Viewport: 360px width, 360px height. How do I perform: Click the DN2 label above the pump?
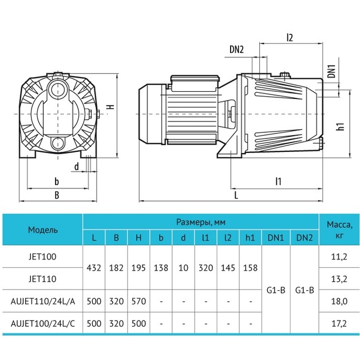pos(236,49)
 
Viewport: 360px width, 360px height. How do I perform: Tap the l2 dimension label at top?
pos(290,38)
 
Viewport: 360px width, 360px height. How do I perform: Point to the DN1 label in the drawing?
pos(331,71)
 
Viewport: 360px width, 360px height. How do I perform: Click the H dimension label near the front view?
pos(111,107)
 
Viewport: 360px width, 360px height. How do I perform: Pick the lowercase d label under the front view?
pos(76,166)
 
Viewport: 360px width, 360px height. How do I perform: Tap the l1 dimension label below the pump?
pos(278,181)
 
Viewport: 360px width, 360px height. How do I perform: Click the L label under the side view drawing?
pos(236,195)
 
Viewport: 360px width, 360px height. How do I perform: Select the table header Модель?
pos(43,230)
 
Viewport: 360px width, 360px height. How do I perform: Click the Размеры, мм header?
pos(201,222)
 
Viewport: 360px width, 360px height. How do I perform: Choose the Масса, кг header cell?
pos(339,229)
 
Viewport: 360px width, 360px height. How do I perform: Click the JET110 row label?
pos(43,279)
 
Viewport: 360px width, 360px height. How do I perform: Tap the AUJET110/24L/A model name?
pos(43,301)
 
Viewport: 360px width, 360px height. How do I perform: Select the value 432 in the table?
pos(94,268)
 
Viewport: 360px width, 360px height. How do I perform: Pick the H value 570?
pos(139,301)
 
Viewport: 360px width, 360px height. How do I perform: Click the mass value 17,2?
pos(339,324)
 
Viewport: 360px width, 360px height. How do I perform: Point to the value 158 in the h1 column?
pos(250,268)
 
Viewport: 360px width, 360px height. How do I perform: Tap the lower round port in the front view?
pos(57,144)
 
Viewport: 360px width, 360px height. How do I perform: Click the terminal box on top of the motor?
pos(195,82)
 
